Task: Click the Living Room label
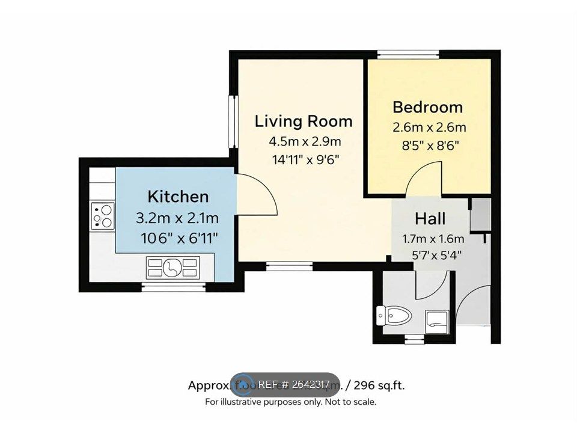coord(304,121)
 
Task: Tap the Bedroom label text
coord(428,107)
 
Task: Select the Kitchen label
coord(179,196)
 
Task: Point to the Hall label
coord(430,219)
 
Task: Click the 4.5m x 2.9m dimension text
coord(305,142)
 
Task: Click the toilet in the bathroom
coord(393,315)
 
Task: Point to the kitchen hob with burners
coord(103,215)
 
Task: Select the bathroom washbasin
coord(436,319)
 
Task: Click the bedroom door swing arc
coord(426,179)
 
